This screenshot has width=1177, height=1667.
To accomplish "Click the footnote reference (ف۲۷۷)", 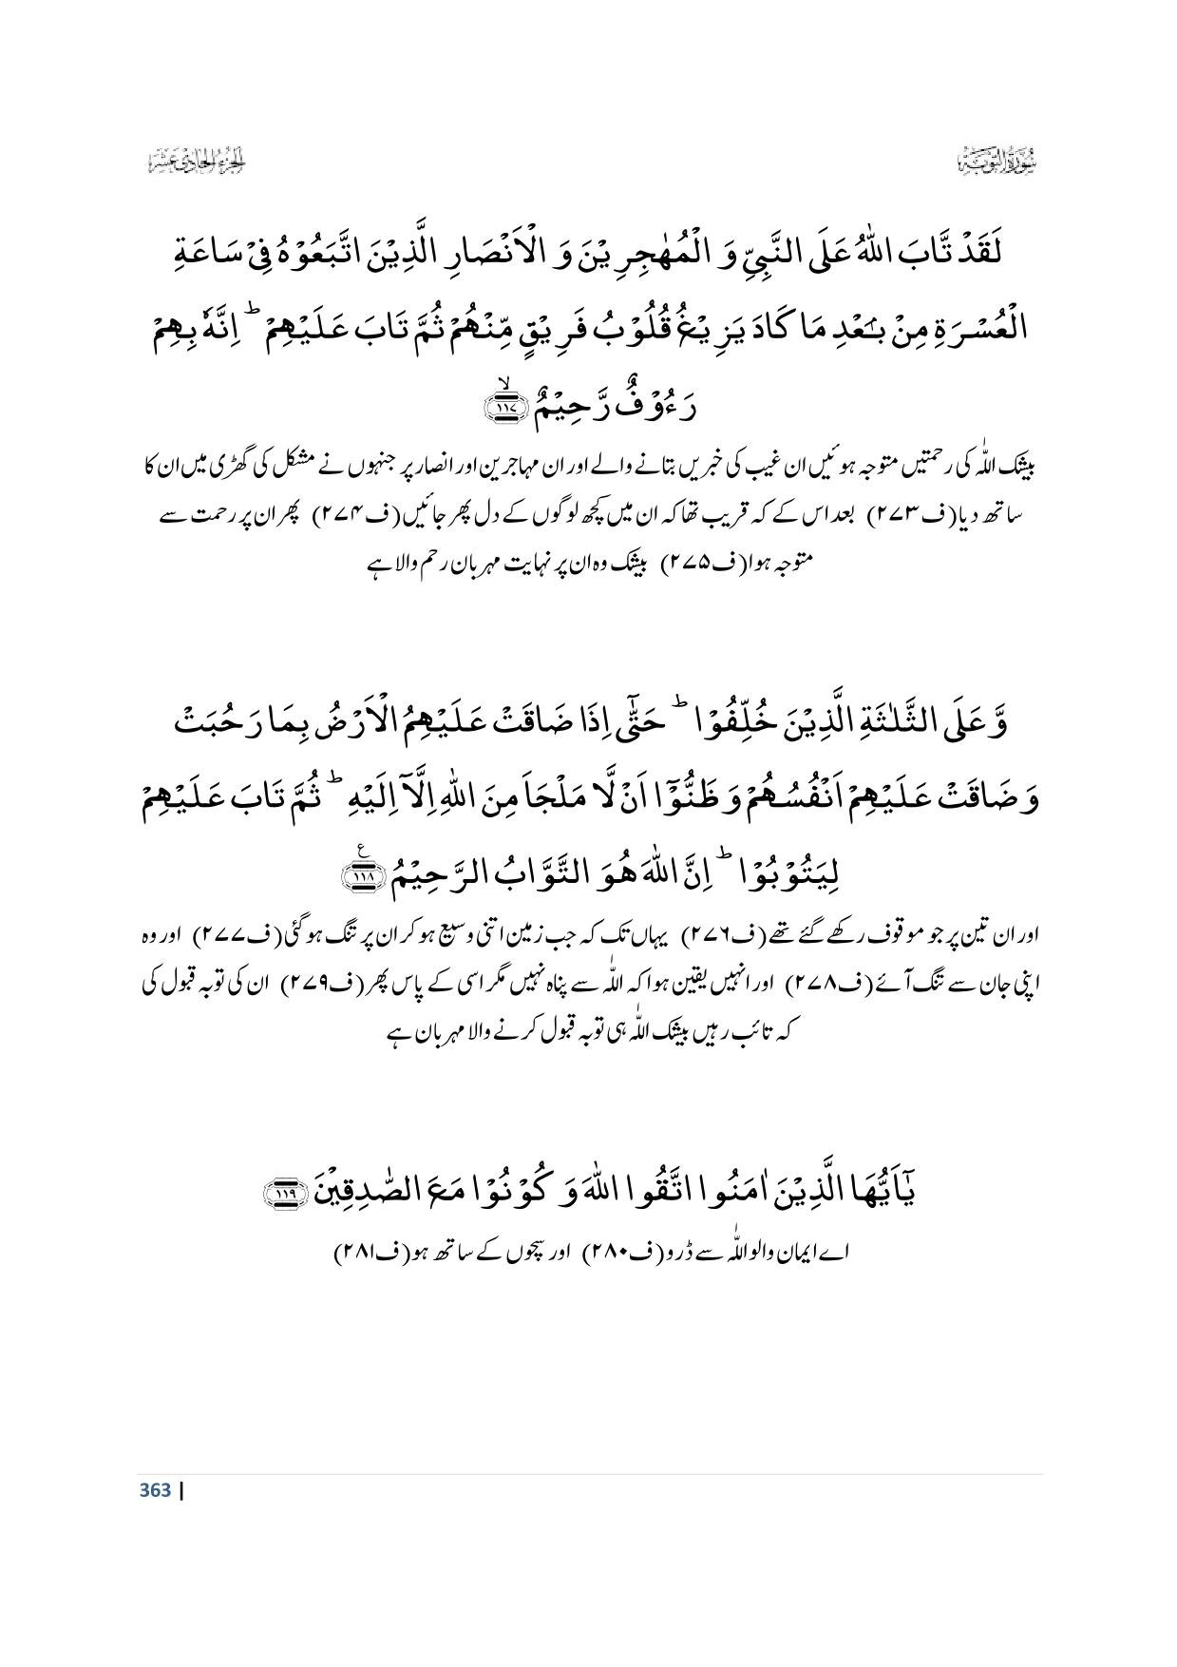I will point(205,935).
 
